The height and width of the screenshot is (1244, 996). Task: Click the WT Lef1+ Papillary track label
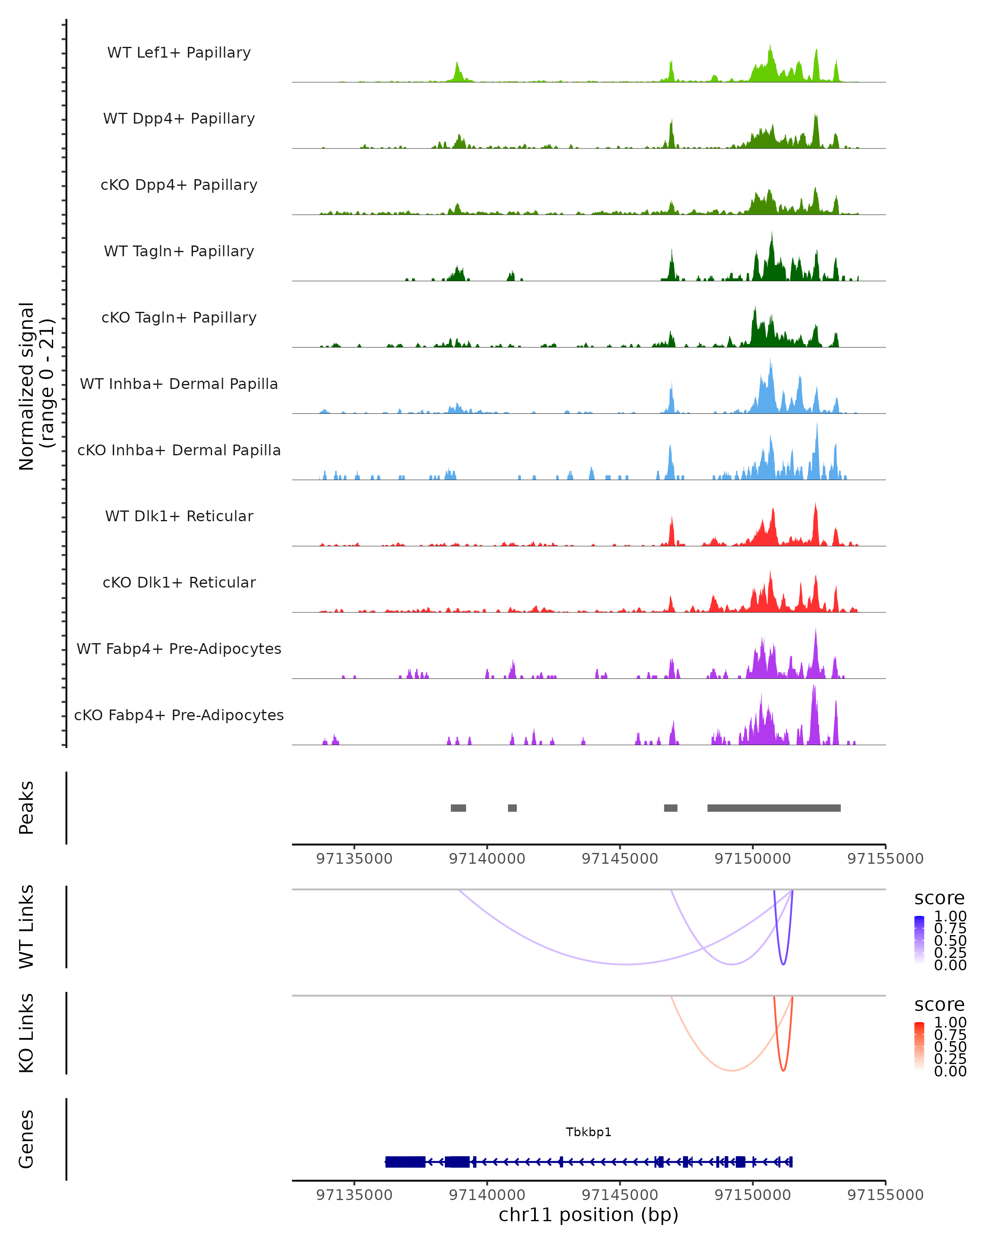[x=179, y=53]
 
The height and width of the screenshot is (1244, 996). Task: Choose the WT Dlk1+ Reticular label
[x=179, y=516]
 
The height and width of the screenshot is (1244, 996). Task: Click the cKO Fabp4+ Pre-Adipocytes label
[x=179, y=715]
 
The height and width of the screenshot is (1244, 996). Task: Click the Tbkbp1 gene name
[x=588, y=1132]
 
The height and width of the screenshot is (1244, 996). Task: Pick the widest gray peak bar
[x=774, y=808]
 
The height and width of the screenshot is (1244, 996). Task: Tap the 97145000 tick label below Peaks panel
[x=620, y=859]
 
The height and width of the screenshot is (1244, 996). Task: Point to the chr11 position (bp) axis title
[x=588, y=1215]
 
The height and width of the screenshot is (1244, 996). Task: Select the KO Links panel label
[x=27, y=1033]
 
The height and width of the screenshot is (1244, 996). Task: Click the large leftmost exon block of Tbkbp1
[x=405, y=1161]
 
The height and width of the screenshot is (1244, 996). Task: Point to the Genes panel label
[x=27, y=1139]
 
